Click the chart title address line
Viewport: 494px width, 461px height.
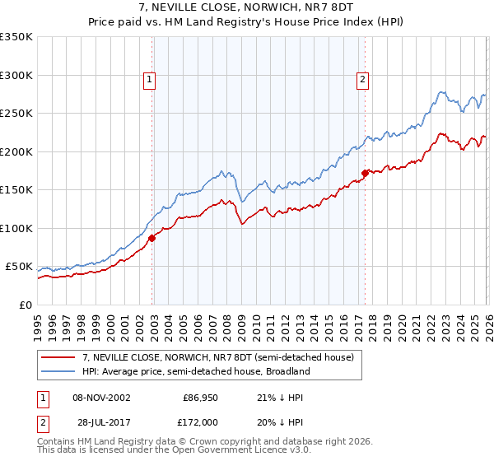tap(247, 7)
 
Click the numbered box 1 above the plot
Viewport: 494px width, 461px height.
tap(149, 80)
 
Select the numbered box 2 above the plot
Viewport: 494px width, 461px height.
tap(362, 80)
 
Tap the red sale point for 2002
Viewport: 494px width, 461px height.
tap(152, 238)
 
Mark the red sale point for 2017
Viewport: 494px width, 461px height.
tap(366, 173)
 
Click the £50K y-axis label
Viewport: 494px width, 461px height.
tap(18, 267)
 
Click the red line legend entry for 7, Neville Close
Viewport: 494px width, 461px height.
tap(217, 357)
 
